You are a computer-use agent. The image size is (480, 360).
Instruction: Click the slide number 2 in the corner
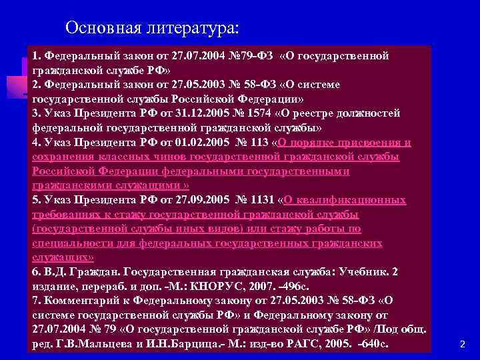(x=463, y=344)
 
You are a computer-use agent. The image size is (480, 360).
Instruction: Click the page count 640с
(x=373, y=344)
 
